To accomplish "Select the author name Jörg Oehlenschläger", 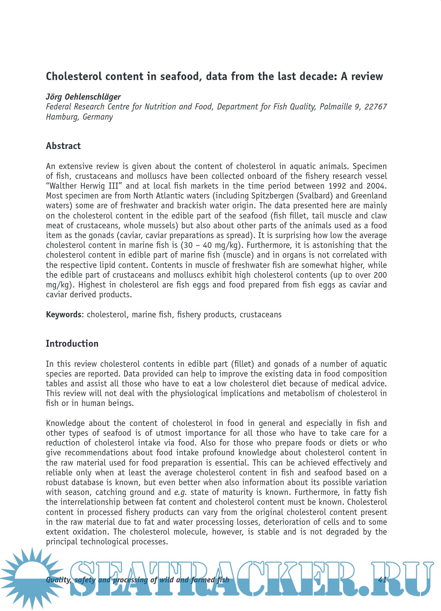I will pyautogui.click(x=83, y=97).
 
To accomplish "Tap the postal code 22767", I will pyautogui.click(x=375, y=107).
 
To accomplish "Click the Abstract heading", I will pyautogui.click(x=63, y=146).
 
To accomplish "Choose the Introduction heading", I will pyautogui.click(x=72, y=343).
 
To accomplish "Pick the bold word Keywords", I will pyautogui.click(x=64, y=314).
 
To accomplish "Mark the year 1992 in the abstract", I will pyautogui.click(x=337, y=186).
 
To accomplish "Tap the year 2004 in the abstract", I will pyautogui.click(x=375, y=186).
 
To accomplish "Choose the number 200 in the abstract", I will pyautogui.click(x=380, y=275).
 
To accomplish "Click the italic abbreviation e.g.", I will pyautogui.click(x=180, y=493).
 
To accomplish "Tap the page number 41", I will pyautogui.click(x=382, y=580).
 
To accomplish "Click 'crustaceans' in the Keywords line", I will pyautogui.click(x=261, y=314).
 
